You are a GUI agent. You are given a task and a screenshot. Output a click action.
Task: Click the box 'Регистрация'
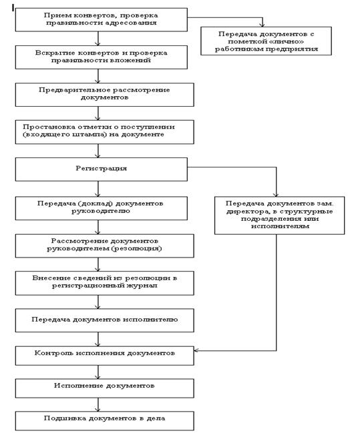coord(101,169)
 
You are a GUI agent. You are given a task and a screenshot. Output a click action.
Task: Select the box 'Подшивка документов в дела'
coord(104,421)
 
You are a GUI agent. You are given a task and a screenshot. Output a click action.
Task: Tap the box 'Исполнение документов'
coord(104,388)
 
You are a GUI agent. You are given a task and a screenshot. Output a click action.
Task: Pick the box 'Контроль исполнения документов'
coord(104,356)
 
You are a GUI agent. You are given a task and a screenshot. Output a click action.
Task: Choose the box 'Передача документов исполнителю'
coord(104,320)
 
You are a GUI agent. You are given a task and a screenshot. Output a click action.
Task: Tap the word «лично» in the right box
coord(285,41)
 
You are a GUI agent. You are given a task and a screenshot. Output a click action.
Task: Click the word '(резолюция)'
coord(136,248)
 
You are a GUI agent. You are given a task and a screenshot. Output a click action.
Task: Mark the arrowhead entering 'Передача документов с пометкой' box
coord(262,25)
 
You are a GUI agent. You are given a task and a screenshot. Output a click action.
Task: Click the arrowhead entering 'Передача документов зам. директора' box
coord(276,194)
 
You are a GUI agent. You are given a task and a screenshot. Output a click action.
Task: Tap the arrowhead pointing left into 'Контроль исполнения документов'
coord(196,350)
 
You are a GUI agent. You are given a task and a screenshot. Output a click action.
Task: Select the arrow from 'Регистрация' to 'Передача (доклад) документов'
coord(98,189)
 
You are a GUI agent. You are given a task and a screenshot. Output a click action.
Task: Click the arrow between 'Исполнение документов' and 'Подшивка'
coord(98,404)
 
